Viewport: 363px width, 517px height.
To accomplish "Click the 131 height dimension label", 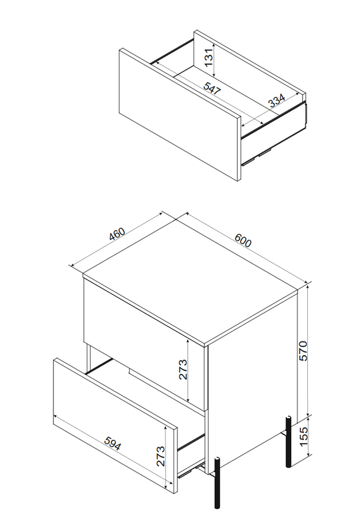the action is pos(208,56).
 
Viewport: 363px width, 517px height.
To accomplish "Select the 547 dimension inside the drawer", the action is pos(212,88).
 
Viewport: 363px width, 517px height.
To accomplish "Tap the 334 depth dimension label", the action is pos(276,101).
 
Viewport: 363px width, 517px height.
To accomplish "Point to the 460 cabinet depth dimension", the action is pos(117,233).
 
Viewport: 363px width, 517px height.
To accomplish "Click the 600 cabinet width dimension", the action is pos(243,240).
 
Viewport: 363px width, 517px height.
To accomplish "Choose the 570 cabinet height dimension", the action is pos(303,351).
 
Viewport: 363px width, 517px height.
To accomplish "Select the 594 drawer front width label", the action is pos(113,443).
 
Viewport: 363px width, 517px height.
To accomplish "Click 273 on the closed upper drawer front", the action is pos(183,369).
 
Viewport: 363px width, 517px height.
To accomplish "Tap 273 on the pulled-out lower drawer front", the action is pos(160,456).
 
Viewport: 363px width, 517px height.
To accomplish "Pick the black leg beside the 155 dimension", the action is pos(288,442).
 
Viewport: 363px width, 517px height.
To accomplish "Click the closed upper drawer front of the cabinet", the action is pos(144,343).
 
